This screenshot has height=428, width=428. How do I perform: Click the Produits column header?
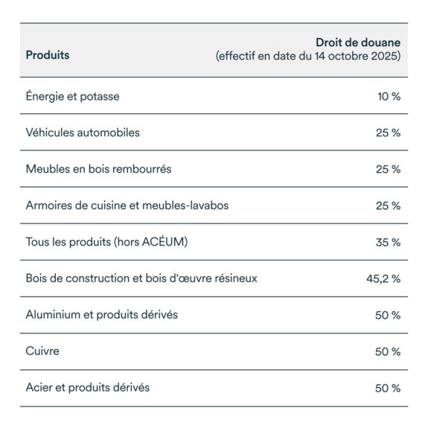point(48,55)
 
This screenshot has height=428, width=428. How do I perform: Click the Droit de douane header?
point(358,42)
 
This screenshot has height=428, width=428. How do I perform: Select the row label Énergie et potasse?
point(72,96)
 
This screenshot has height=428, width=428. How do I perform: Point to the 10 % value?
point(389,96)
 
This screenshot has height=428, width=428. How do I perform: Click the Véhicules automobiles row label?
point(83,132)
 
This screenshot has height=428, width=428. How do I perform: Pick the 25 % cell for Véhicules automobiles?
point(388,132)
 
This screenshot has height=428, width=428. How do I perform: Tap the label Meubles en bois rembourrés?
point(98,169)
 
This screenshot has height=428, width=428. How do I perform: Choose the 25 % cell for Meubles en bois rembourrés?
point(388,169)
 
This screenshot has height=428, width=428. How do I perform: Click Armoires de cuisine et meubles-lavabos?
point(127,205)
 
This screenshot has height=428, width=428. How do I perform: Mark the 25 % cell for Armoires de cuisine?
point(388,205)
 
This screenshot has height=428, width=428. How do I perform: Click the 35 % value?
point(388,242)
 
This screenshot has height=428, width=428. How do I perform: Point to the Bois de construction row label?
point(141,278)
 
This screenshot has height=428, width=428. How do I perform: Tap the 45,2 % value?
point(383,278)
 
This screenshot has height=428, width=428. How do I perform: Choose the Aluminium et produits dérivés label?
point(101,315)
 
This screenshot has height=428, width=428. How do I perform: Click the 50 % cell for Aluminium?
point(388,315)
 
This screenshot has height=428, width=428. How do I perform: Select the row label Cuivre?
point(43,351)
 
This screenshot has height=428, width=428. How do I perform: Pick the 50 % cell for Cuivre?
point(388,351)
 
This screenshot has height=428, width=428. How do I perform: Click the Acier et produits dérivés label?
point(88,388)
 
